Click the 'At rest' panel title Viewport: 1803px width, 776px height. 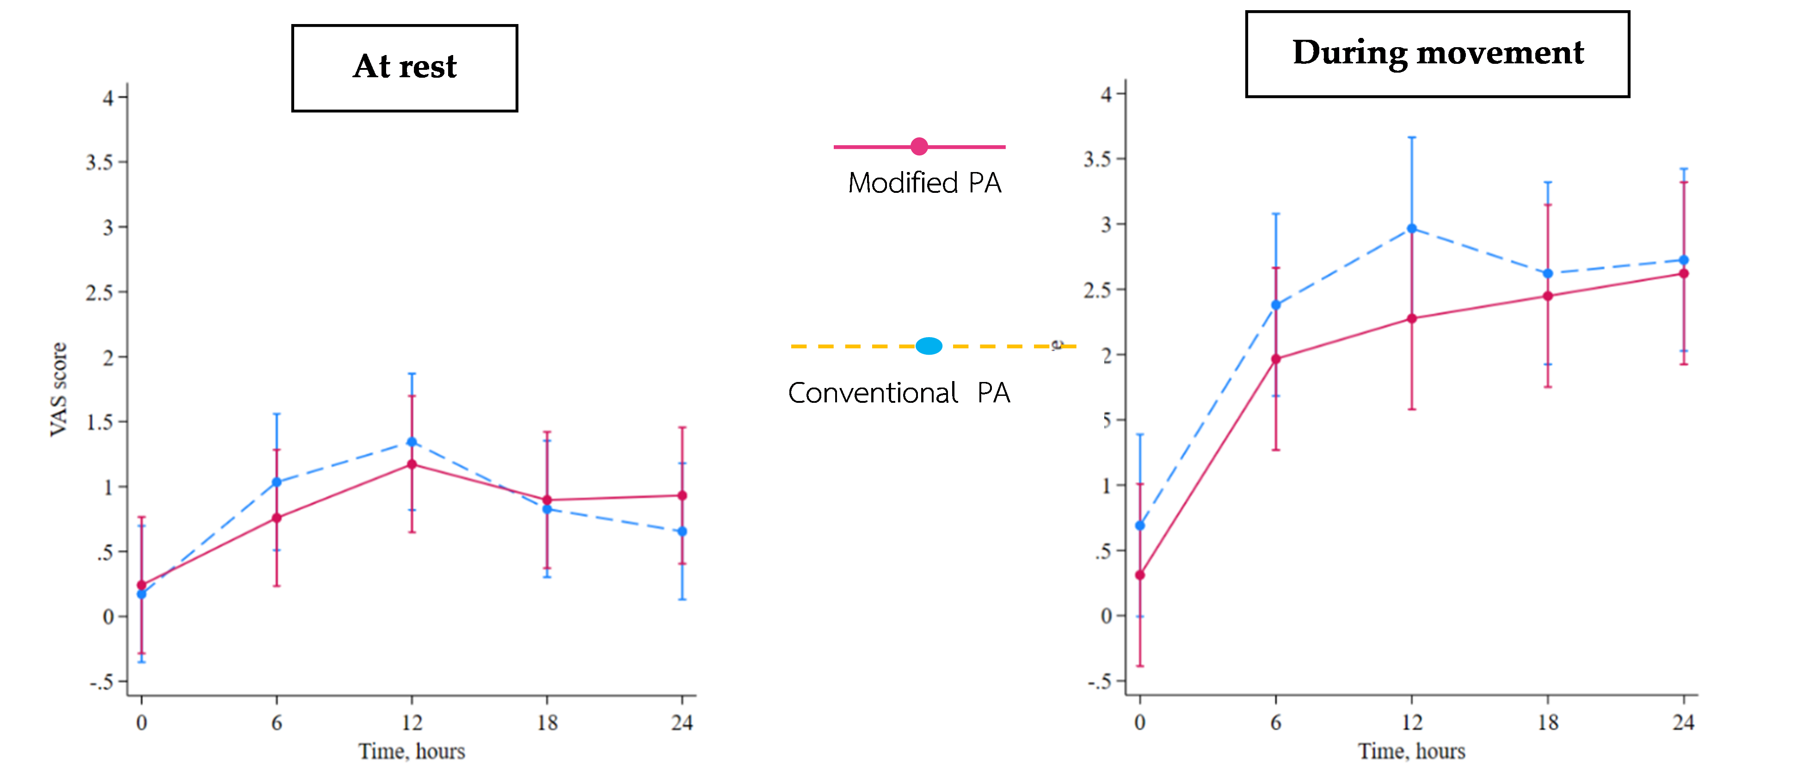[x=405, y=67]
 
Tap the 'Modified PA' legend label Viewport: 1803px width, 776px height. [x=924, y=183]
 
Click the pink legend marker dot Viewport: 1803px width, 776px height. [x=919, y=146]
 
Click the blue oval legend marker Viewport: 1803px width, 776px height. [x=929, y=345]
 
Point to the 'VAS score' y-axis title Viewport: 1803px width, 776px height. [x=59, y=389]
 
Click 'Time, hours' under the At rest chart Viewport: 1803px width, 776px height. [x=412, y=751]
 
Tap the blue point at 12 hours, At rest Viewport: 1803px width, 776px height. [x=412, y=442]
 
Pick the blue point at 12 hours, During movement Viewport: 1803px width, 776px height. [x=1412, y=229]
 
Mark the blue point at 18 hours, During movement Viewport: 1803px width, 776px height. [x=1548, y=274]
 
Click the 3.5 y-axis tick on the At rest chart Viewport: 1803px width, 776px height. [x=99, y=162]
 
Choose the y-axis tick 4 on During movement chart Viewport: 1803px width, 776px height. [x=1106, y=94]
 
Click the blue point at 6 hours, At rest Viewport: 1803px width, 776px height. [x=277, y=482]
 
